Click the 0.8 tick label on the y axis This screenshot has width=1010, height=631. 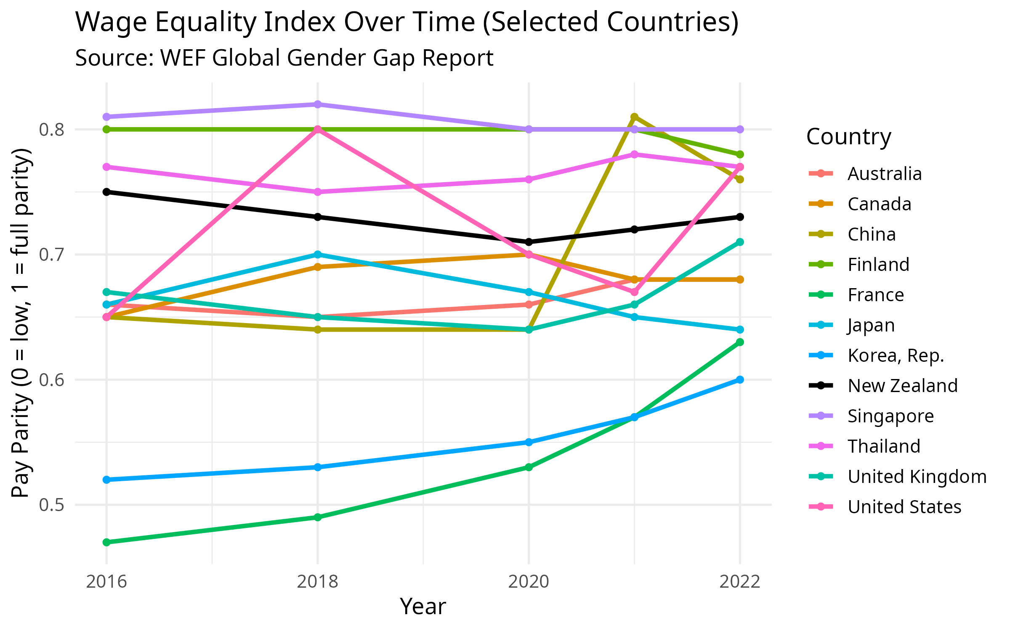(52, 130)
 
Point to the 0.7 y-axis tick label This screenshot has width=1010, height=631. (52, 255)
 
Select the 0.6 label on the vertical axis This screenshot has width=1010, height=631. (52, 380)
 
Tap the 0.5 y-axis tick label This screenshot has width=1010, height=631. (52, 505)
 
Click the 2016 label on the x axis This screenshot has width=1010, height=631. (106, 582)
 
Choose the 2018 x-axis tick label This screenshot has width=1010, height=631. (318, 582)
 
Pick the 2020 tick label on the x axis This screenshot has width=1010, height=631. (529, 582)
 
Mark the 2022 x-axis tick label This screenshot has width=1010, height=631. (740, 582)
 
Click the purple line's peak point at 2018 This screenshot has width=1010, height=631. (318, 104)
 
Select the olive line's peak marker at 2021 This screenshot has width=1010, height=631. (634, 117)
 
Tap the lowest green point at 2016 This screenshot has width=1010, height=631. (106, 542)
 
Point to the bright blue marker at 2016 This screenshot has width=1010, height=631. (106, 480)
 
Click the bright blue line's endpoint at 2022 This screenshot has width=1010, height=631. (740, 379)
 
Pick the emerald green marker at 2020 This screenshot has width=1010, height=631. (529, 467)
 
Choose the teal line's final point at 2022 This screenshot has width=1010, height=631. (740, 242)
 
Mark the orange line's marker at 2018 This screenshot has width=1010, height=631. (318, 267)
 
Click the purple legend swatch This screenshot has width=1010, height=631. (821, 416)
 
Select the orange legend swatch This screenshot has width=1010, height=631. (821, 204)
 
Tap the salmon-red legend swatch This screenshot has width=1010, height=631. (821, 173)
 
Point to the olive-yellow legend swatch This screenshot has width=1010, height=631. (821, 234)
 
